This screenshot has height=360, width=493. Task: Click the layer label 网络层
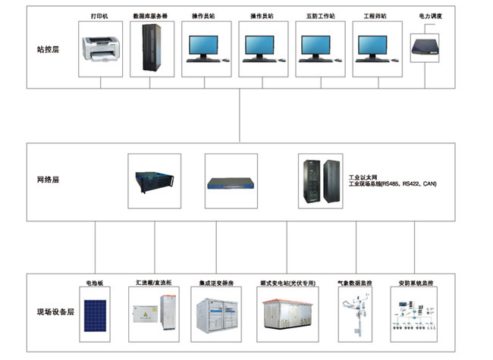[48, 180]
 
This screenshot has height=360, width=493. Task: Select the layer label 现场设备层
[55, 311]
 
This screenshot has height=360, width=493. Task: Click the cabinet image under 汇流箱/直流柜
[155, 315]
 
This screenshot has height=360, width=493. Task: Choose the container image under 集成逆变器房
[216, 315]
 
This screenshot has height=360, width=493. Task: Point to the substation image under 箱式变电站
[287, 315]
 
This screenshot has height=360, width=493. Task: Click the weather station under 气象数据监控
[356, 315]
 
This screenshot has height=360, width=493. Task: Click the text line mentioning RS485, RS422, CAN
[393, 184]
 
